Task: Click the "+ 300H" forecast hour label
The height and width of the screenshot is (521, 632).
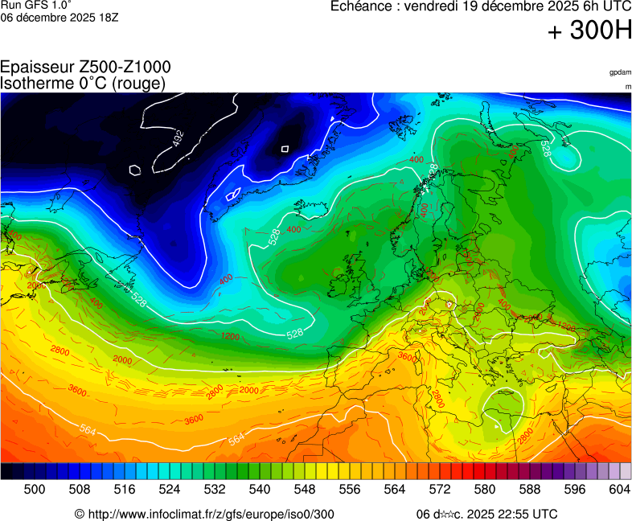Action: point(589,31)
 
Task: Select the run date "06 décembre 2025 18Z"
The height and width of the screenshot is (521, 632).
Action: point(60,17)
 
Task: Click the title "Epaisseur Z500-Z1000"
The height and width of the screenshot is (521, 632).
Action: point(85,68)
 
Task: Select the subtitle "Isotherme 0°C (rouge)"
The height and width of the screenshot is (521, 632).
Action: point(83,83)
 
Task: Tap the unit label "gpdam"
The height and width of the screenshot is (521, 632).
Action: point(620,72)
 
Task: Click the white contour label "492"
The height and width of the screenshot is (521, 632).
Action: point(178,138)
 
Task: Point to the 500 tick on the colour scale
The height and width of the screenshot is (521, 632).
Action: point(34,489)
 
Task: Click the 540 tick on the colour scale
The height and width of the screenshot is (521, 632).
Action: point(259,489)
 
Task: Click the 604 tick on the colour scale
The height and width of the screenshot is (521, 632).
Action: point(619,489)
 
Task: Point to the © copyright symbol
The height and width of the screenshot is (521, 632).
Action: point(79,514)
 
